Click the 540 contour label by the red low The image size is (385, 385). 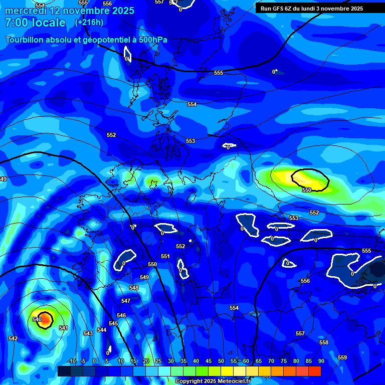(37, 319)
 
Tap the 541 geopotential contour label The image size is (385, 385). (64, 328)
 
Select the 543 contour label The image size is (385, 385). (88, 333)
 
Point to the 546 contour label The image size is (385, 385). (121, 315)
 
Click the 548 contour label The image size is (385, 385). (134, 288)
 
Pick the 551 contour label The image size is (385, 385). (165, 256)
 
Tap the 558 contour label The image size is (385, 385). (324, 342)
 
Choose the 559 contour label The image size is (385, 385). (342, 357)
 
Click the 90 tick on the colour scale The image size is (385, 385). (321, 361)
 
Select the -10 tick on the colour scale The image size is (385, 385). (71, 361)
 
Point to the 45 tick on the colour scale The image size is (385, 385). (209, 361)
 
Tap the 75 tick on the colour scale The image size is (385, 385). (283, 361)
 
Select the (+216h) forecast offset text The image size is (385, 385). (89, 23)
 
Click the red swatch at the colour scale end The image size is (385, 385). (314, 371)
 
